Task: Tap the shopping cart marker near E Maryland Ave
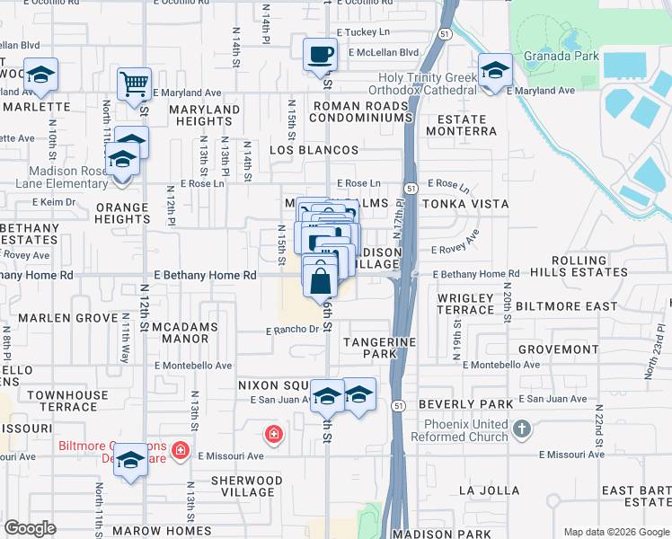coord(133,84)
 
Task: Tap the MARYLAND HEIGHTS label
coord(205,115)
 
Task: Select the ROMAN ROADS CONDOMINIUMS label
coord(360,112)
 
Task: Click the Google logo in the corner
coord(30,528)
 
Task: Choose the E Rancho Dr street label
coord(292,330)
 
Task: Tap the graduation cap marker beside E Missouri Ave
coord(130,461)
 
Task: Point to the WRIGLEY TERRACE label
coord(465,304)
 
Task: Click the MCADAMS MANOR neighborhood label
coord(186,331)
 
